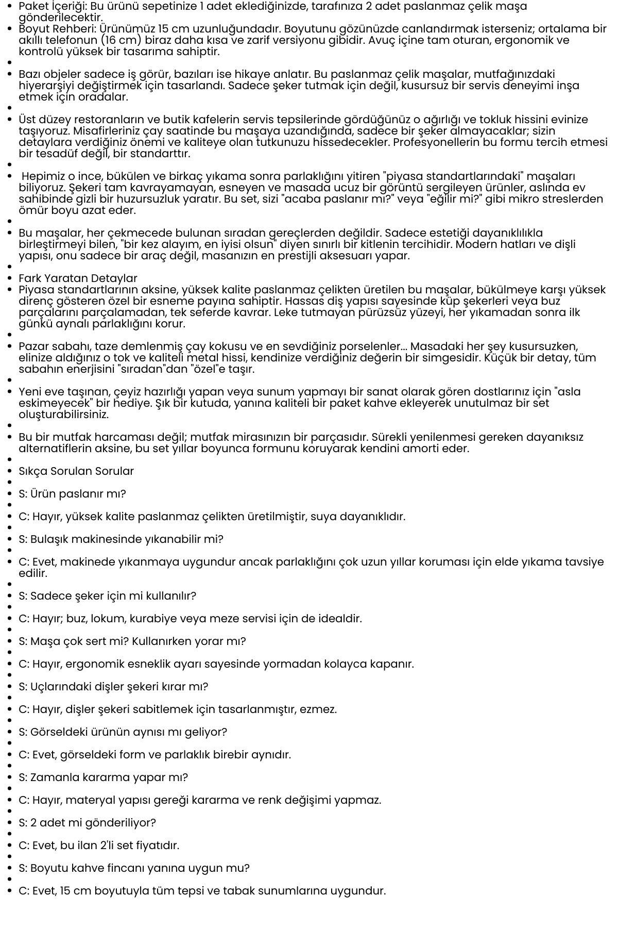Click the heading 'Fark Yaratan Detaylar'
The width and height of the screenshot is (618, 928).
(x=78, y=279)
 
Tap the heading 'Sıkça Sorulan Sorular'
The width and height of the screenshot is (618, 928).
(x=76, y=471)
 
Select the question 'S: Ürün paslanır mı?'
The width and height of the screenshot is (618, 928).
(x=72, y=494)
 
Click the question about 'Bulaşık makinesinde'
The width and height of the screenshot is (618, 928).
(x=121, y=539)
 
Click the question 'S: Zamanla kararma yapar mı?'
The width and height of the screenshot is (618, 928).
(x=103, y=777)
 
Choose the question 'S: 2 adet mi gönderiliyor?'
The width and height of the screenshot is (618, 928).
(x=87, y=823)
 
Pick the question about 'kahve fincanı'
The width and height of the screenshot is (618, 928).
(x=134, y=868)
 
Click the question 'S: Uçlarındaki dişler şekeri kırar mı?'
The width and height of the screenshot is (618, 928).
(x=113, y=687)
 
